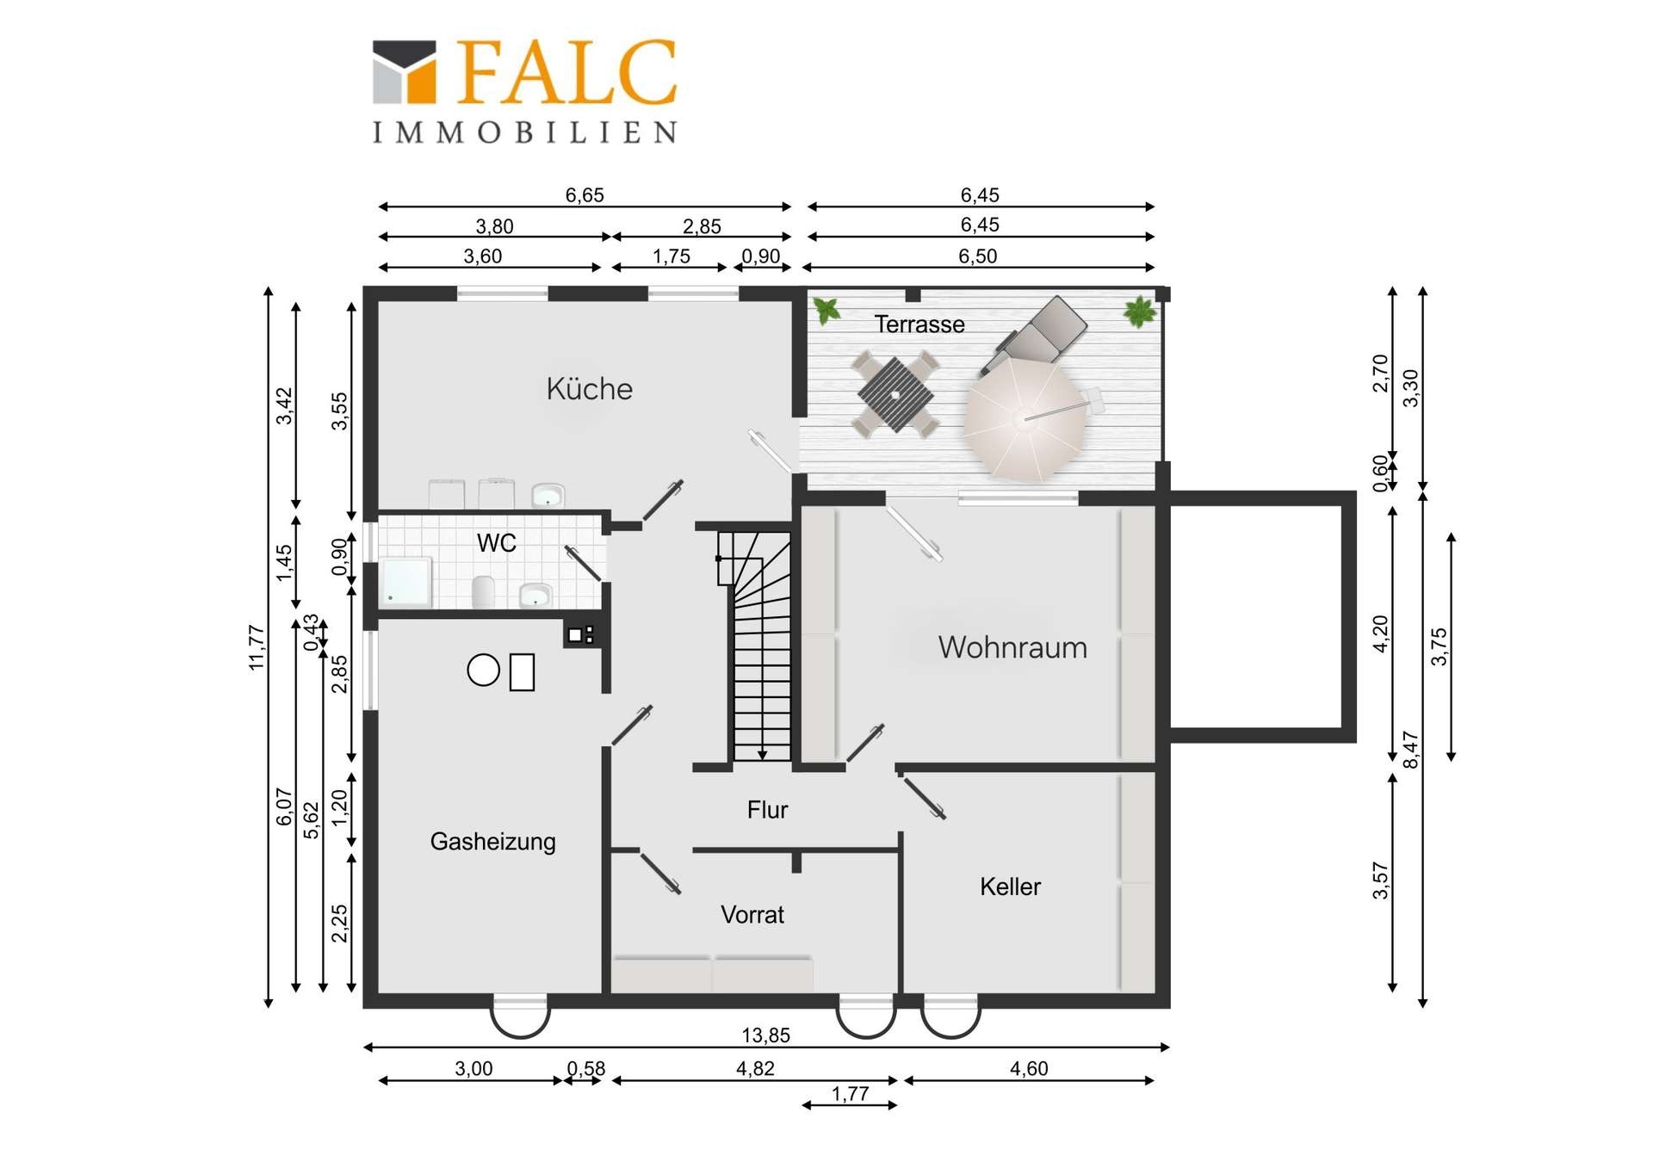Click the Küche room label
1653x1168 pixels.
pyautogui.click(x=589, y=389)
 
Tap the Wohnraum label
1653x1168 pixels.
pyautogui.click(x=1012, y=647)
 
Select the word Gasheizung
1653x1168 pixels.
pyautogui.click(x=492, y=841)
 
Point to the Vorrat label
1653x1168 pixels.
pyautogui.click(x=752, y=914)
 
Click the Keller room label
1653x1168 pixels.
pyautogui.click(x=1010, y=887)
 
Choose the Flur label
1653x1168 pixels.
pyautogui.click(x=767, y=810)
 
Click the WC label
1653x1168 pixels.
pyautogui.click(x=497, y=543)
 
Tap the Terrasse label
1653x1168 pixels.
pyautogui.click(x=919, y=324)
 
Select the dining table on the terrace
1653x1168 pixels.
pyautogui.click(x=895, y=395)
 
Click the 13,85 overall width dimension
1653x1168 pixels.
pyautogui.click(x=765, y=1035)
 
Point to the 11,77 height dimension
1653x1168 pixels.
pyautogui.click(x=257, y=647)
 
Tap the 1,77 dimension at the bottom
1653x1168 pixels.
pyautogui.click(x=850, y=1094)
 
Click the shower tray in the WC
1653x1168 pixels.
pyautogui.click(x=406, y=583)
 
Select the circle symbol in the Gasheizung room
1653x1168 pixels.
pyautogui.click(x=483, y=670)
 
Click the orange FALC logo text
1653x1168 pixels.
pyautogui.click(x=566, y=72)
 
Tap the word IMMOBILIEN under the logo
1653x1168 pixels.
pyautogui.click(x=524, y=133)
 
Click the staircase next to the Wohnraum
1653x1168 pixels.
pyautogui.click(x=755, y=646)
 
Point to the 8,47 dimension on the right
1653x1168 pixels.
pyautogui.click(x=1410, y=750)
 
